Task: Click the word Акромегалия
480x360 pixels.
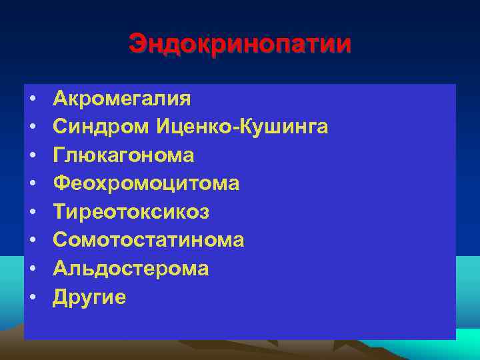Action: (x=122, y=99)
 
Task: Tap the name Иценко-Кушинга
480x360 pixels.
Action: (x=242, y=127)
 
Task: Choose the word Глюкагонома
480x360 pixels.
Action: (x=124, y=155)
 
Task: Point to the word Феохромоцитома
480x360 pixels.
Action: (x=146, y=183)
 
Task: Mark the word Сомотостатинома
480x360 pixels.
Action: (x=149, y=240)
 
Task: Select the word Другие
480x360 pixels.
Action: (x=89, y=297)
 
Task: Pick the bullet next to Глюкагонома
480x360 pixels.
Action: (x=32, y=156)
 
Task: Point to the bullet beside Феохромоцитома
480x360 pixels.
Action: (x=32, y=184)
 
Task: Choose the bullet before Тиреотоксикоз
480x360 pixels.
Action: (x=32, y=213)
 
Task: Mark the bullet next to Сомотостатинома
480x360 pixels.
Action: (x=32, y=241)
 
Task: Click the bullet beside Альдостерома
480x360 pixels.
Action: (x=32, y=269)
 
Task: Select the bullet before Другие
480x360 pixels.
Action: (x=32, y=297)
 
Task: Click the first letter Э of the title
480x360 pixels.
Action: (x=137, y=45)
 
